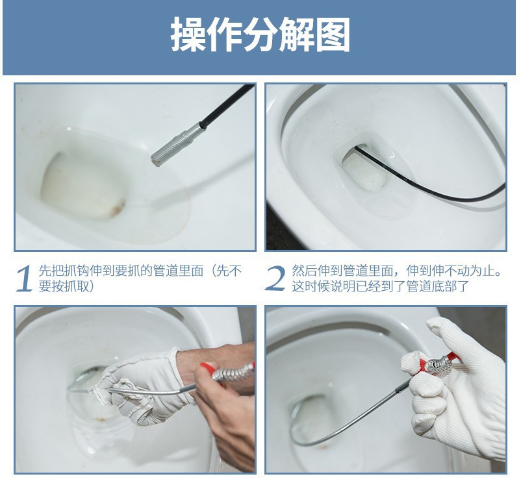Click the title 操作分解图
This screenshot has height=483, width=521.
pyautogui.click(x=260, y=35)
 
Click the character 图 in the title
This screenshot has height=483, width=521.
pyautogui.click(x=333, y=35)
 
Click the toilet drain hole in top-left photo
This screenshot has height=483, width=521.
pyautogui.click(x=78, y=185)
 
